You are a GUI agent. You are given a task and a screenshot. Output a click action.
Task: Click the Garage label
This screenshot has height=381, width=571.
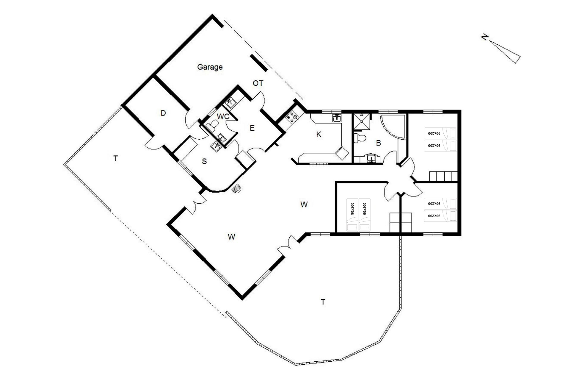(210, 67)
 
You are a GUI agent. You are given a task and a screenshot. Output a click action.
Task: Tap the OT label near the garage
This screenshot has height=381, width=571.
(258, 83)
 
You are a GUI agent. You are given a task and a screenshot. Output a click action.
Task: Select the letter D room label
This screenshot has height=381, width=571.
(163, 113)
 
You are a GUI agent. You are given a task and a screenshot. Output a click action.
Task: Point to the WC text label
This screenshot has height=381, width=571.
(223, 116)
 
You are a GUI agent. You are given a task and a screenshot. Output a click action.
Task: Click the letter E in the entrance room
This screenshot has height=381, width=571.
(252, 128)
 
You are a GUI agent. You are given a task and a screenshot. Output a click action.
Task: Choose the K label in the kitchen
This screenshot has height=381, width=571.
(319, 135)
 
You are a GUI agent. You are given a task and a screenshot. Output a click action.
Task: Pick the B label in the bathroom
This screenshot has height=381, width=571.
(379, 143)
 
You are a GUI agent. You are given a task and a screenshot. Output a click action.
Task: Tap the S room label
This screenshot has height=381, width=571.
(204, 161)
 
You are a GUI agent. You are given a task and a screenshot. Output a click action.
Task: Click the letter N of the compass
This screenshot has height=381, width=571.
(485, 37)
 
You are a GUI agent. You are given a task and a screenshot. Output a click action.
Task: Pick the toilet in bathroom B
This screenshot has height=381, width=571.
(360, 138)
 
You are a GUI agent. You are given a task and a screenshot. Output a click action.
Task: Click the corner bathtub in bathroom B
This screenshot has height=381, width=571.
(393, 127)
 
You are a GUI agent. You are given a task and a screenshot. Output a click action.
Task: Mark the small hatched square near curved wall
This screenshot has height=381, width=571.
(236, 188)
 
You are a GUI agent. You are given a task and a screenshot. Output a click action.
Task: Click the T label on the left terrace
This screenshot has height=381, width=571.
(116, 158)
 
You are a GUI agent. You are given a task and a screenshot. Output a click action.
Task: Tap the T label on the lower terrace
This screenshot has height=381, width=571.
(323, 302)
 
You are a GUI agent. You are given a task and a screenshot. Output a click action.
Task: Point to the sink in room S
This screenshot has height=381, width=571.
(216, 146)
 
